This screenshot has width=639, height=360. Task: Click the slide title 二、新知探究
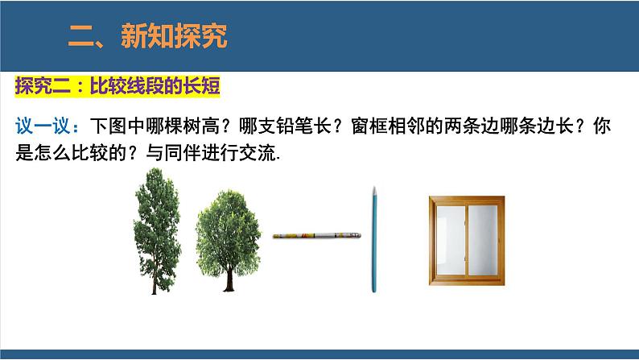(x=148, y=35)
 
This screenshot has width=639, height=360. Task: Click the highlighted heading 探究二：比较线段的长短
(x=117, y=85)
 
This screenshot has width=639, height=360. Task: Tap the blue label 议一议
(x=45, y=127)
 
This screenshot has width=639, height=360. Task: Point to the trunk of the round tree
(x=228, y=278)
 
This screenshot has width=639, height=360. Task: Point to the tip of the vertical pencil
(x=374, y=189)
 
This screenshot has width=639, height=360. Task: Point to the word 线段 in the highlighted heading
(x=139, y=85)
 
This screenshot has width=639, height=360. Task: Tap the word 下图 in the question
(x=104, y=127)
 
